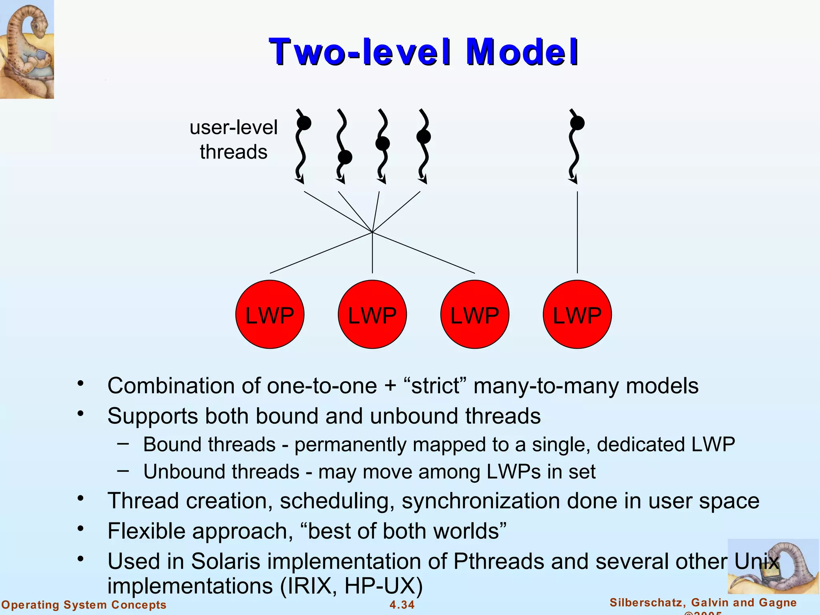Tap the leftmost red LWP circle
click(x=270, y=315)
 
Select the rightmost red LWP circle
click(x=577, y=315)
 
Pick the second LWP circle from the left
click(x=372, y=315)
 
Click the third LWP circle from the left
click(x=475, y=315)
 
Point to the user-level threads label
click(x=233, y=139)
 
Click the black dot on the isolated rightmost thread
click(x=577, y=123)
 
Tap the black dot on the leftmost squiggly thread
click(x=304, y=123)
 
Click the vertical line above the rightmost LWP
click(x=577, y=232)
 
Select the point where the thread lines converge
click(x=372, y=232)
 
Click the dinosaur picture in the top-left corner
click(x=27, y=49)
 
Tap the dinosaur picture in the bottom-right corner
click(x=773, y=567)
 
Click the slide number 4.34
click(x=402, y=605)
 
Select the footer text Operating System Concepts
click(x=84, y=605)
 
